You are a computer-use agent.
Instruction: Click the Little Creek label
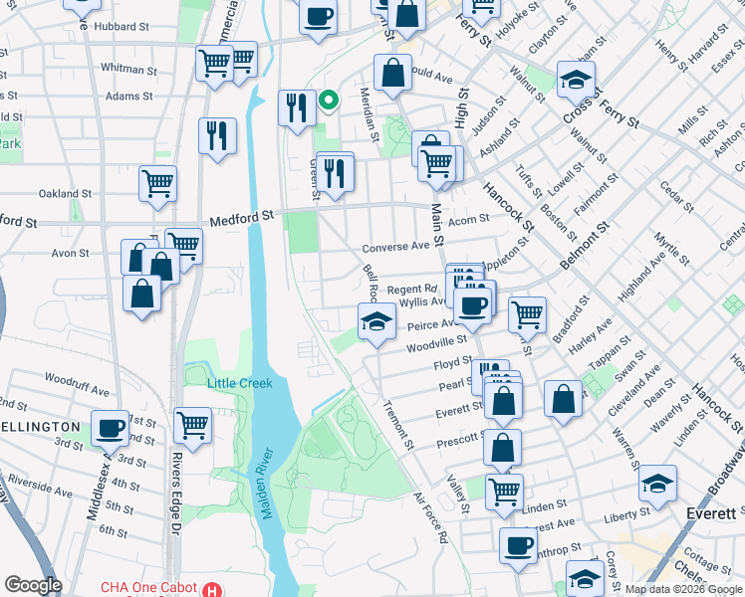pos(239,383)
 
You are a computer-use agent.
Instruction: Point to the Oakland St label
pos(65,194)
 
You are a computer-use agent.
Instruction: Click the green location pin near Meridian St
pos(327,99)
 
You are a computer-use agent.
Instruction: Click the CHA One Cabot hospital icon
pos(211,589)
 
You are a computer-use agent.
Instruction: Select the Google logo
pos(33,585)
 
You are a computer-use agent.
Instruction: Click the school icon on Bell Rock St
pos(376,320)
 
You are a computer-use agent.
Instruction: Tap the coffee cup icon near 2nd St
pos(111,428)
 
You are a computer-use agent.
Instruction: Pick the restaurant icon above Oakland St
pos(217,134)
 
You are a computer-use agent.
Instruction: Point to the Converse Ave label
pos(395,247)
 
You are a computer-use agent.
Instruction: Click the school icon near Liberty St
pos(657,483)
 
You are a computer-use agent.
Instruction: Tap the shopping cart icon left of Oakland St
pos(158,183)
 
